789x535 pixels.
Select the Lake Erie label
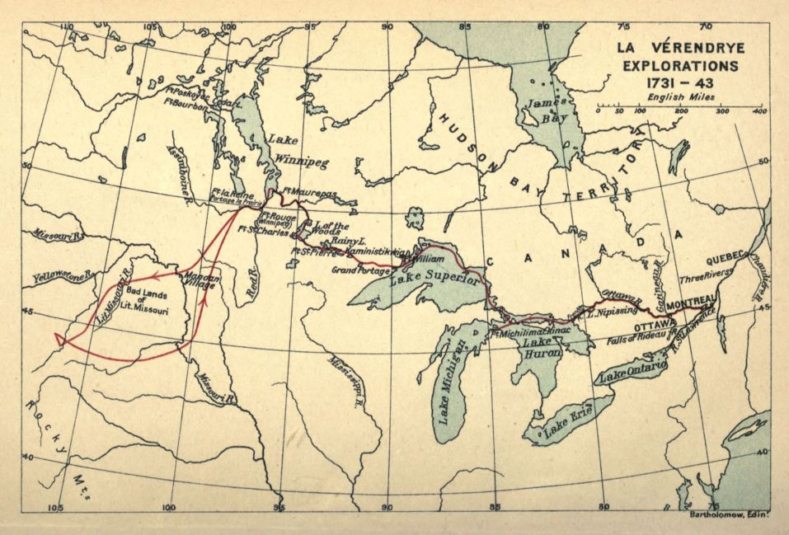click(x=571, y=420)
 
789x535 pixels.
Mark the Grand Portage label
click(x=359, y=270)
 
